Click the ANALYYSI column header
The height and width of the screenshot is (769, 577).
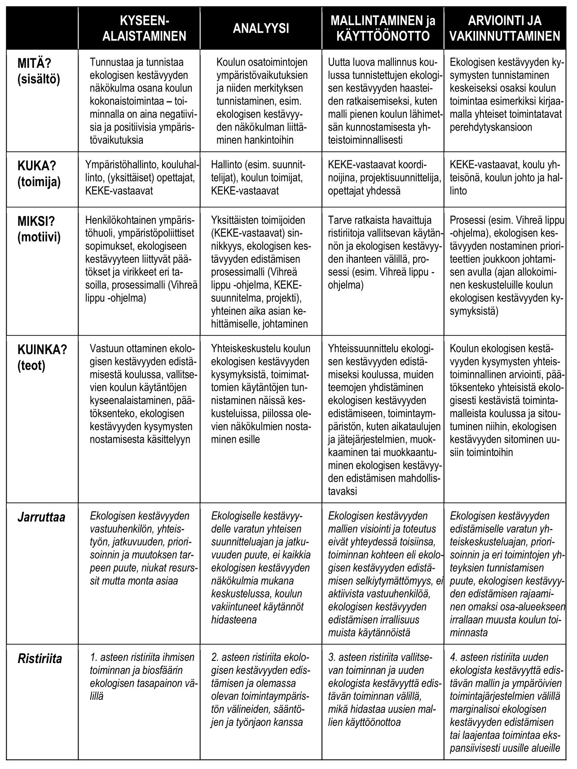click(261, 28)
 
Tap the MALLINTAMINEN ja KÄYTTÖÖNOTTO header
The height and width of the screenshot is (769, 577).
click(383, 28)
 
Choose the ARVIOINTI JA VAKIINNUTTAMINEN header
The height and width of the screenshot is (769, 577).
click(505, 28)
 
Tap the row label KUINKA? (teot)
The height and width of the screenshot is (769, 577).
click(42, 357)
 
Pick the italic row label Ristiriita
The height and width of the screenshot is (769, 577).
click(40, 659)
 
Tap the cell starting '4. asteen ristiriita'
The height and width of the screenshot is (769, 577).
click(505, 703)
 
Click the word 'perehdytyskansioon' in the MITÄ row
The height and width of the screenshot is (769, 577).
click(491, 127)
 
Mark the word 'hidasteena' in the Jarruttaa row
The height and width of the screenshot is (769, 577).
click(233, 620)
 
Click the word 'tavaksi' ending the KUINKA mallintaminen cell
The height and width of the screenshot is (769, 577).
click(343, 491)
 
